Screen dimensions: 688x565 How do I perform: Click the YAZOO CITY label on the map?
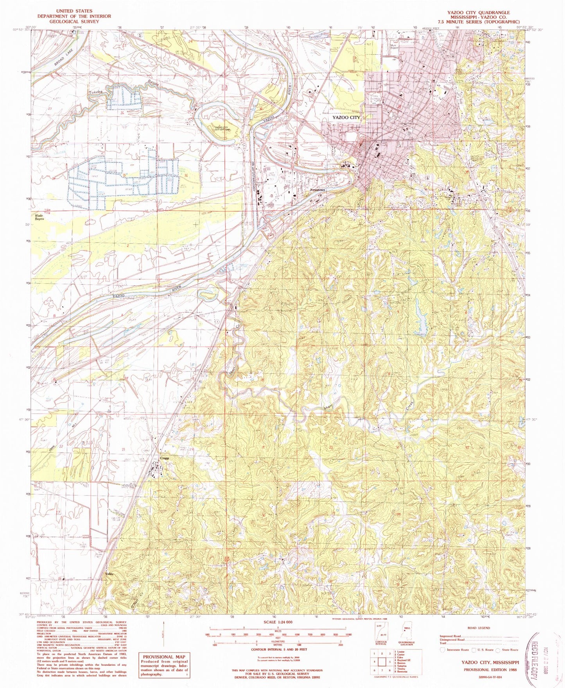(346, 117)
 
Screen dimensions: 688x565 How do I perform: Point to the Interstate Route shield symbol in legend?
(443, 649)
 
